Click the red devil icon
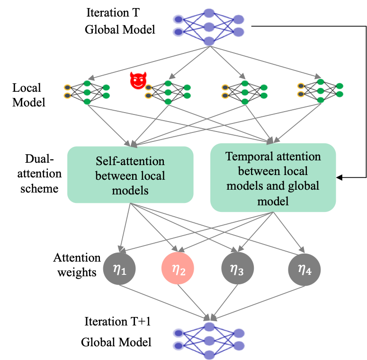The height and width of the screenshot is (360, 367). click(139, 80)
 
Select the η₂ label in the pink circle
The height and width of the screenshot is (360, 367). click(178, 270)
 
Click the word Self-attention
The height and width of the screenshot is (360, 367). click(130, 161)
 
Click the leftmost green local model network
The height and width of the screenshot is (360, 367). click(87, 92)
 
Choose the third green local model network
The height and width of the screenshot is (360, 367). click(244, 92)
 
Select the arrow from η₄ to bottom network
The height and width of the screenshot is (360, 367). click(260, 301)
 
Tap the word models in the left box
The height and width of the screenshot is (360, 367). click(130, 191)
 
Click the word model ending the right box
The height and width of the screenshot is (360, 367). click(273, 201)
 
